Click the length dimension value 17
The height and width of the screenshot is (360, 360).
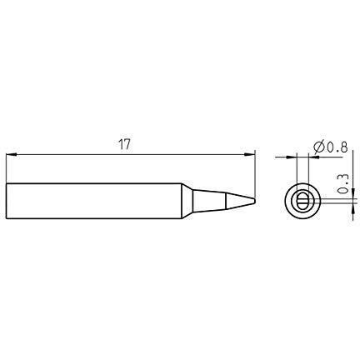click(124, 145)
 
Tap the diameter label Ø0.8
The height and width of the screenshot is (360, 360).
click(331, 147)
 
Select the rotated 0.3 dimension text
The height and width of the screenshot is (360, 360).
click(343, 183)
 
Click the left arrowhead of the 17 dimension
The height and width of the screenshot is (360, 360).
click(12, 154)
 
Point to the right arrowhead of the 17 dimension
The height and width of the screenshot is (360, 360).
click(249, 154)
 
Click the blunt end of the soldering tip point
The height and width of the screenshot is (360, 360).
click(254, 201)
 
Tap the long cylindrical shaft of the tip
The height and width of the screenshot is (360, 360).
click(94, 201)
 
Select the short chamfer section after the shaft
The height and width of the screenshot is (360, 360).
click(187, 201)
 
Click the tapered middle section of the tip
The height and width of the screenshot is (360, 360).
click(210, 201)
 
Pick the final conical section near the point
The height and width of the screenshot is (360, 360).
click(240, 201)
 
